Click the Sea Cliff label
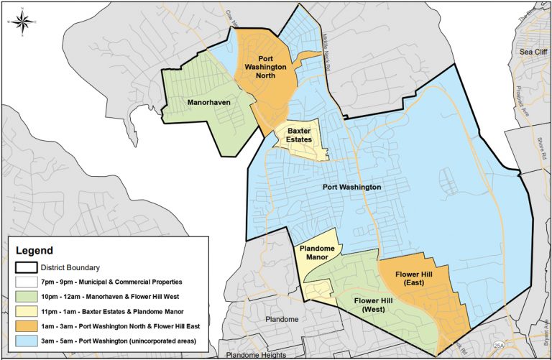(x=533, y=52)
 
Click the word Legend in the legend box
(x=34, y=251)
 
